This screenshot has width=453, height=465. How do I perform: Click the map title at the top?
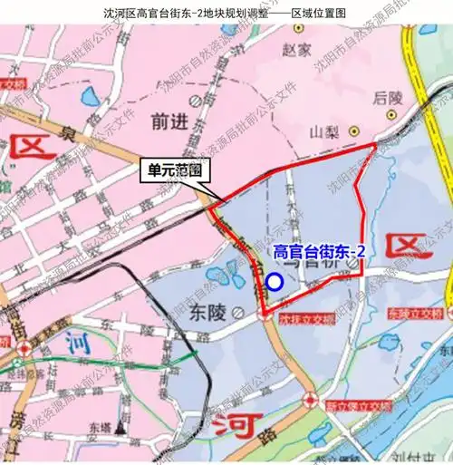(226, 12)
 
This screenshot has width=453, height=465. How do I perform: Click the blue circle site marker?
(275, 283)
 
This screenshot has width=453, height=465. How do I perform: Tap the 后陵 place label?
(387, 96)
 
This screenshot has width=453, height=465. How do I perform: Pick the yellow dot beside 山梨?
(355, 130)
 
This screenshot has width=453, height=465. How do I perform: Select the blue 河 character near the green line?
(76, 343)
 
